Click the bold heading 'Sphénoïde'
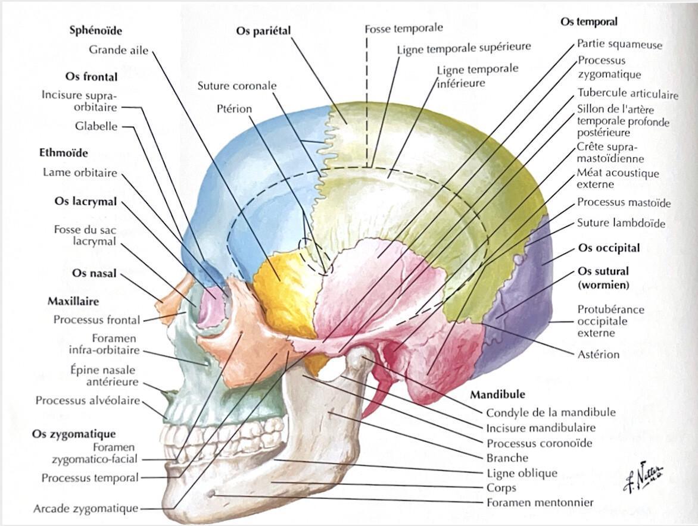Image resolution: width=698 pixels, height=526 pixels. [x=96, y=31]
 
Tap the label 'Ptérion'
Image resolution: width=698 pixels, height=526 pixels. [x=234, y=109]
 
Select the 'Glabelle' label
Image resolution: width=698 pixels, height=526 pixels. [x=96, y=126]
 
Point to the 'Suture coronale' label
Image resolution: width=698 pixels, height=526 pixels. [x=237, y=86]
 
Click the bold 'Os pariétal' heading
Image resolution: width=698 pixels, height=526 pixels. [x=263, y=32]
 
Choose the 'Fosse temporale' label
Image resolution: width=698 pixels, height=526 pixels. [x=404, y=29]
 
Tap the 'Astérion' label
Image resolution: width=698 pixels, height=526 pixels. [x=598, y=355]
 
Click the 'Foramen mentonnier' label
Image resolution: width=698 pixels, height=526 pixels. [x=540, y=502]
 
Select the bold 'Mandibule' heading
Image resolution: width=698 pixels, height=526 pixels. [x=498, y=394]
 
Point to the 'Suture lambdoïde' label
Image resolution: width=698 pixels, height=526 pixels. [x=621, y=223]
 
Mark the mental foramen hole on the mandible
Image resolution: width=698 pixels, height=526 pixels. [x=213, y=494]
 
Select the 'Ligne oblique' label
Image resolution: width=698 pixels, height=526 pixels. [x=522, y=473]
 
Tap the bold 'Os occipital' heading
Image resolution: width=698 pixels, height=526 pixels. [x=609, y=248]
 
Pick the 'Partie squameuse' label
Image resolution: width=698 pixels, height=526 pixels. [x=619, y=45]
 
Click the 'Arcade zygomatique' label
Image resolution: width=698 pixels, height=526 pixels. [x=86, y=508]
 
